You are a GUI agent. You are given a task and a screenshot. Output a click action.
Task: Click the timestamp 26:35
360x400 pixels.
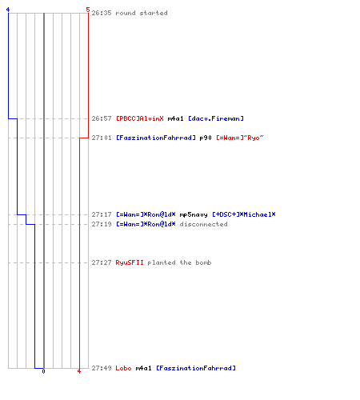(x=102, y=13)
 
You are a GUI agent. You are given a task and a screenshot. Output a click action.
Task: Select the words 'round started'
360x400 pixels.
(x=142, y=13)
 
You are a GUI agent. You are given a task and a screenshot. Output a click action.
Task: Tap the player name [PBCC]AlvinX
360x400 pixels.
(x=140, y=118)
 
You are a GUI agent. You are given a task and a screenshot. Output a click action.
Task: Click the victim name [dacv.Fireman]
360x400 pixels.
(x=216, y=118)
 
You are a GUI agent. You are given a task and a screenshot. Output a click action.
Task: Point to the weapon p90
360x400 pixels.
(x=206, y=138)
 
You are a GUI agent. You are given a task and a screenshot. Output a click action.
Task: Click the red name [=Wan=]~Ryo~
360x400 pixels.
(x=240, y=138)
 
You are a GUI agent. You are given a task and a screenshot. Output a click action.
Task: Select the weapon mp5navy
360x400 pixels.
(x=194, y=214)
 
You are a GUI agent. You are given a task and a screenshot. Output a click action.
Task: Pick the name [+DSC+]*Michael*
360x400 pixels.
(x=244, y=214)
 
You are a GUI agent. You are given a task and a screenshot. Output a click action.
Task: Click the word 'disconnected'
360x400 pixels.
(x=204, y=224)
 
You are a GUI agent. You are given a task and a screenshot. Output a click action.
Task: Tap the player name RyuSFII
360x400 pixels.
(x=130, y=262)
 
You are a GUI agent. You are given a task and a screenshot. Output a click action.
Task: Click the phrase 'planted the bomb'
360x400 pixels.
(x=179, y=262)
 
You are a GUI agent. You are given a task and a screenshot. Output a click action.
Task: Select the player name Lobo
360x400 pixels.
(x=123, y=368)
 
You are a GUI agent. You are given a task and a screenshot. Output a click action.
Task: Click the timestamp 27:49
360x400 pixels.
(x=102, y=368)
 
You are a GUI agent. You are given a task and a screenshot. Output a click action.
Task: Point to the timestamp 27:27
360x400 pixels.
(x=102, y=262)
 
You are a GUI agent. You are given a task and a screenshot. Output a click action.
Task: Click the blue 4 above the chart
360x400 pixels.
(x=8, y=10)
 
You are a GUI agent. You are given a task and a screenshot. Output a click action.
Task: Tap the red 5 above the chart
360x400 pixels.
(x=88, y=10)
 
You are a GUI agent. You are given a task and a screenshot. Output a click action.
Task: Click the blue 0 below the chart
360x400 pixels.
(x=43, y=371)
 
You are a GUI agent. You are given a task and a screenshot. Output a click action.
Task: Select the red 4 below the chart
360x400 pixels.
(x=79, y=371)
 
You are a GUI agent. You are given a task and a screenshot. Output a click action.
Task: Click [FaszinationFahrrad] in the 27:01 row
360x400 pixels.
(x=156, y=138)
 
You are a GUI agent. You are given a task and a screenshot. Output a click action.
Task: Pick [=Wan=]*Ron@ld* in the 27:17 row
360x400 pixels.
(x=146, y=214)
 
